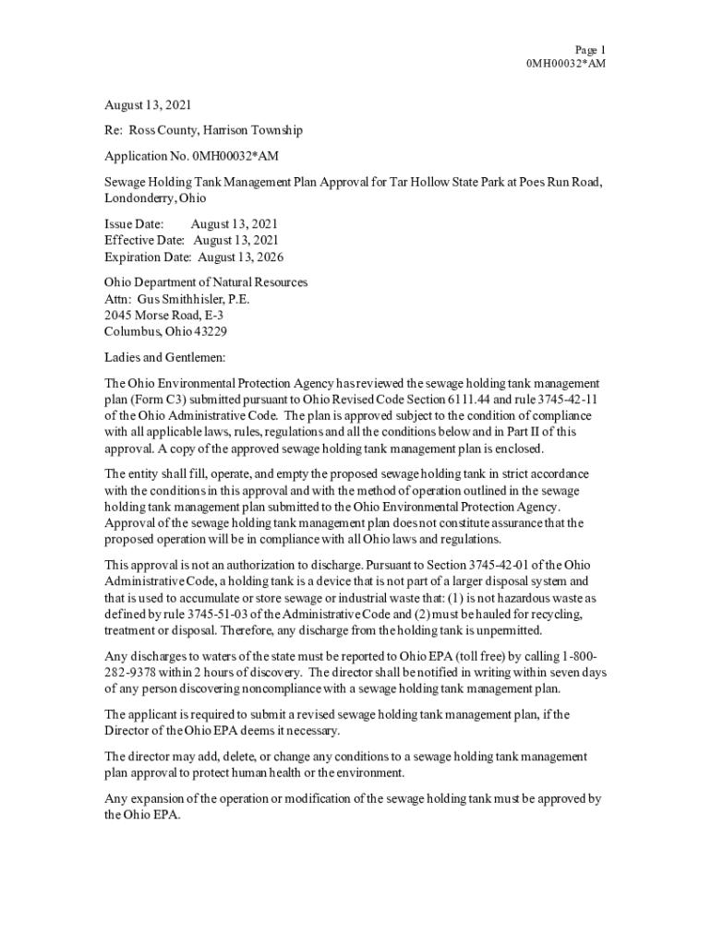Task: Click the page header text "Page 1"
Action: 589,50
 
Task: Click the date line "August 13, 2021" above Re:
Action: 148,106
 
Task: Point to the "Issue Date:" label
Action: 134,224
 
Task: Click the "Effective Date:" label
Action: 144,241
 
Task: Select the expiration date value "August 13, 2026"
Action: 241,257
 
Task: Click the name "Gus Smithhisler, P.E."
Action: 193,299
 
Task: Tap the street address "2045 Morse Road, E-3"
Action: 163,316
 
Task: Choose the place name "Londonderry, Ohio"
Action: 155,198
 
